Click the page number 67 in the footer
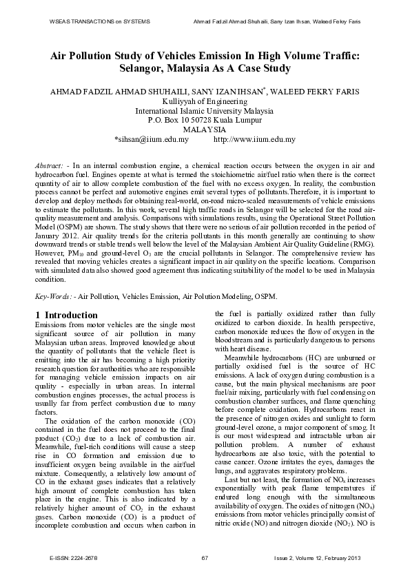coord(205,557)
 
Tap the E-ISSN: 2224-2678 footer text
coord(73,557)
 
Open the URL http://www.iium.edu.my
coord(255,139)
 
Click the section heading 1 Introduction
coord(66,315)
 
